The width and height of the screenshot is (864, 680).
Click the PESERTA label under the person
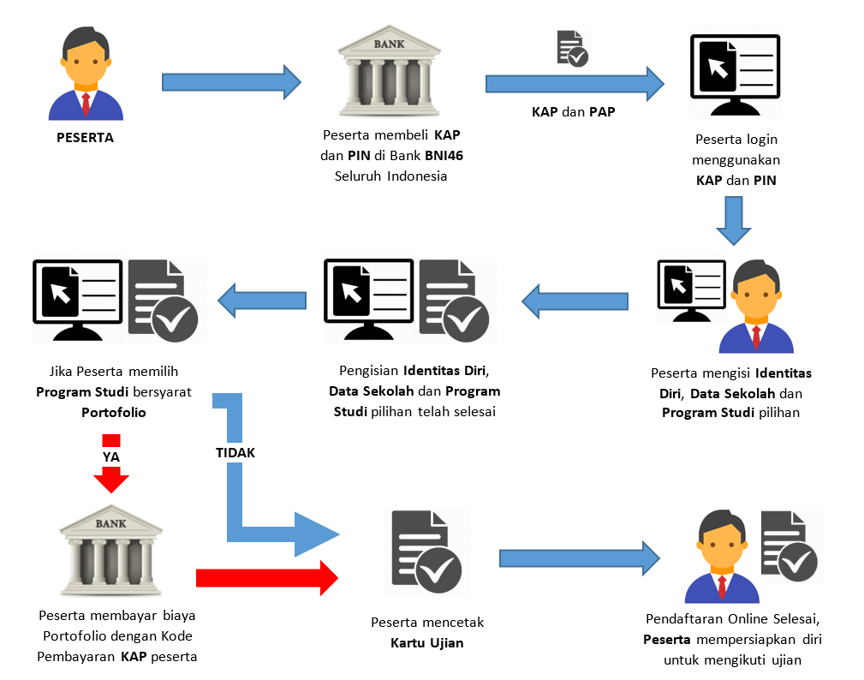click(85, 138)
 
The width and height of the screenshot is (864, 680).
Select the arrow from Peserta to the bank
click(231, 82)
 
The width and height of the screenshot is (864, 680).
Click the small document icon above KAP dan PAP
click(572, 48)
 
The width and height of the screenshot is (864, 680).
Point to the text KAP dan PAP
click(573, 112)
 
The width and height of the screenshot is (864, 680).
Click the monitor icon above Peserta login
click(735, 77)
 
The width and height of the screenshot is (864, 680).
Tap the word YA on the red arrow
click(110, 457)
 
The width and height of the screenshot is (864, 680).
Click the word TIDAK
click(235, 452)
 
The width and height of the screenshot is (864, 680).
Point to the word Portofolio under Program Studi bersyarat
click(114, 412)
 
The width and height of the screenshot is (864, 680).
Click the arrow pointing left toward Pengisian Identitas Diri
click(575, 301)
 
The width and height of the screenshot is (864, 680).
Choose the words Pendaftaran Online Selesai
click(736, 619)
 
